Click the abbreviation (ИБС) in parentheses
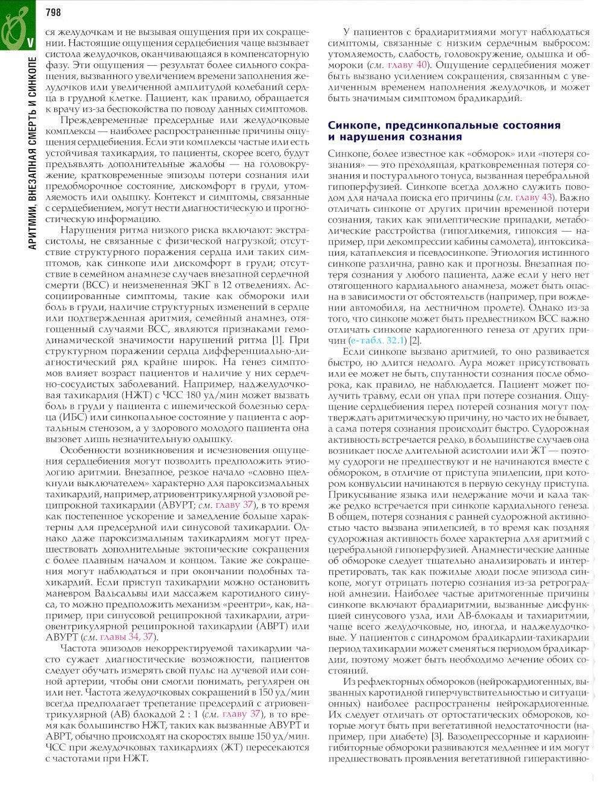[x=59, y=417]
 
